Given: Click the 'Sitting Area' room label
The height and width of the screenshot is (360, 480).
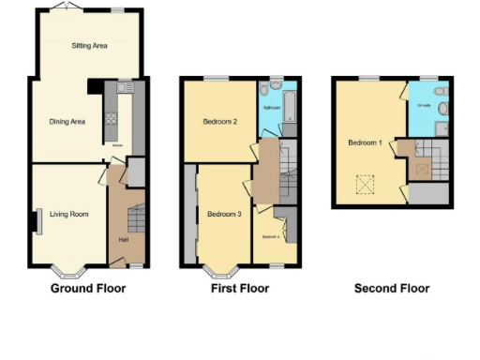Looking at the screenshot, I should click(89, 45).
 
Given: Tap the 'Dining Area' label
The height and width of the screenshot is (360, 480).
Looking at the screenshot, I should click(67, 121).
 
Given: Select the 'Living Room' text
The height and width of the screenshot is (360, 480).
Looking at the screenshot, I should click(70, 215).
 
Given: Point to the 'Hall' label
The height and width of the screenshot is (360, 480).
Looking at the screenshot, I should click(124, 240).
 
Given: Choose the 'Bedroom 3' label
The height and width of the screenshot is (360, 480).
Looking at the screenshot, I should click(224, 215).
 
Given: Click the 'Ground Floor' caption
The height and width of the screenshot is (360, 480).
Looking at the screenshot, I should click(88, 289).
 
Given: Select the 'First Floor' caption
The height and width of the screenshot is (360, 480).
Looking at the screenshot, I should click(239, 289).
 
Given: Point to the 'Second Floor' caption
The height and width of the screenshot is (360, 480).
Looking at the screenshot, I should click(392, 289).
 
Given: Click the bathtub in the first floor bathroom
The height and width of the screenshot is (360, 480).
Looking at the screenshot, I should click(289, 106).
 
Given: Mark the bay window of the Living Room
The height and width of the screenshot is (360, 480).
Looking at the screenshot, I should click(69, 273).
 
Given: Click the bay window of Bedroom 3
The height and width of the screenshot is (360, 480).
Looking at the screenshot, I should click(222, 273).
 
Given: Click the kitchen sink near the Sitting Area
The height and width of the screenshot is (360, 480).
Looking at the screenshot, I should click(124, 88).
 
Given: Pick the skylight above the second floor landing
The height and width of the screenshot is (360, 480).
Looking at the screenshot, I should click(422, 170).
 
